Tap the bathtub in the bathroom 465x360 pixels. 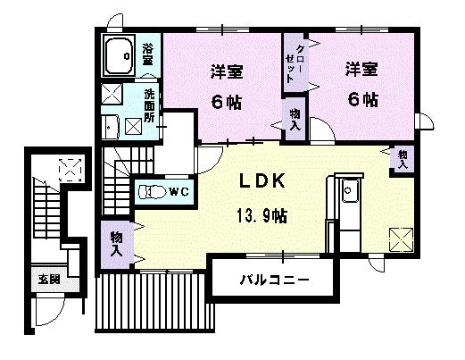[x=120, y=56]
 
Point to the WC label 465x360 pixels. [x=178, y=191]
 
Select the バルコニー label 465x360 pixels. [x=274, y=280]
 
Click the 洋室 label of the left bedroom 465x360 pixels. [x=228, y=70]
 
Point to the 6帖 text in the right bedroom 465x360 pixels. [x=364, y=97]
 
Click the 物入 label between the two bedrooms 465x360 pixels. [x=295, y=119]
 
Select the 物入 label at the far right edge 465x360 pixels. [x=403, y=158]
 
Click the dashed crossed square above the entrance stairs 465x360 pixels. [x=68, y=168]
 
